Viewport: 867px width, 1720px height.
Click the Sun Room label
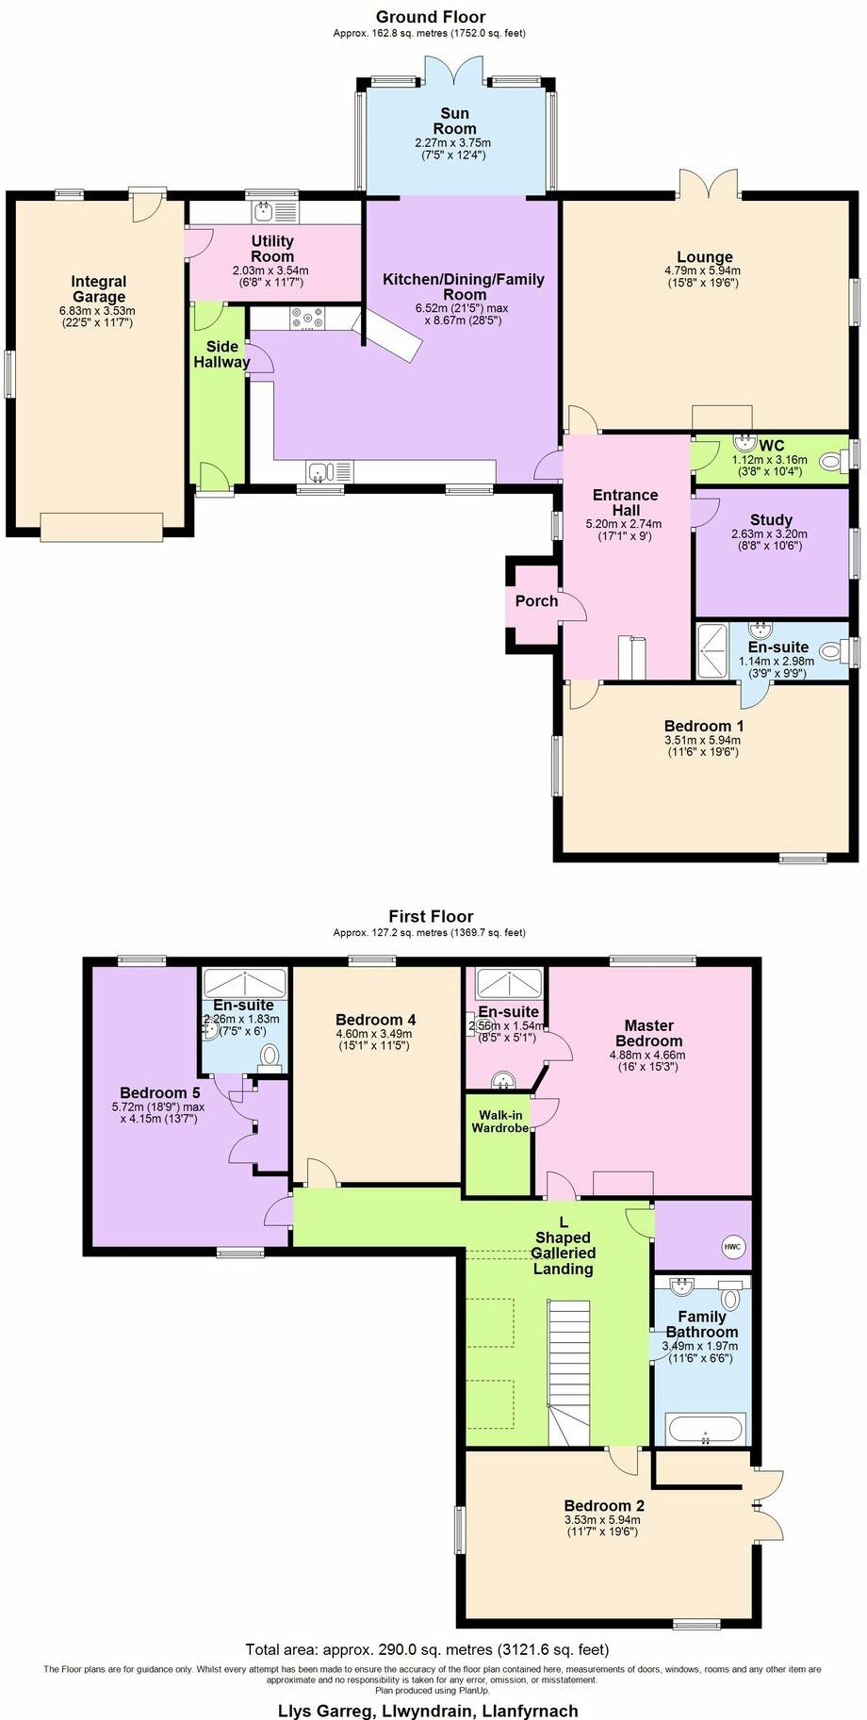(x=454, y=122)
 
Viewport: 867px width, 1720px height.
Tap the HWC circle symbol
(x=733, y=1247)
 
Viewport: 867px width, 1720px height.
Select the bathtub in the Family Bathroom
(x=707, y=1429)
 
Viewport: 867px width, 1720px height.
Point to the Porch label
(x=536, y=601)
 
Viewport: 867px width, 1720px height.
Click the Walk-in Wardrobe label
(x=499, y=1122)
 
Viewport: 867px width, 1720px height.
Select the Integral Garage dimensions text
(x=98, y=317)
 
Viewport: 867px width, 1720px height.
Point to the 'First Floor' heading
(x=431, y=916)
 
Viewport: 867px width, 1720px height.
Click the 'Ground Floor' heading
(x=431, y=17)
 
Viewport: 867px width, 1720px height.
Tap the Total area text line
(x=427, y=1649)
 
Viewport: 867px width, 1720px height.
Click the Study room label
(x=771, y=520)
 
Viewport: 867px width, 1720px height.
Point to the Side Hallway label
(x=221, y=354)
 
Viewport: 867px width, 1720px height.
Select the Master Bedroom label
(x=649, y=1033)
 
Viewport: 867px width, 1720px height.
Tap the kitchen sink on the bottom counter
(x=320, y=470)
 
